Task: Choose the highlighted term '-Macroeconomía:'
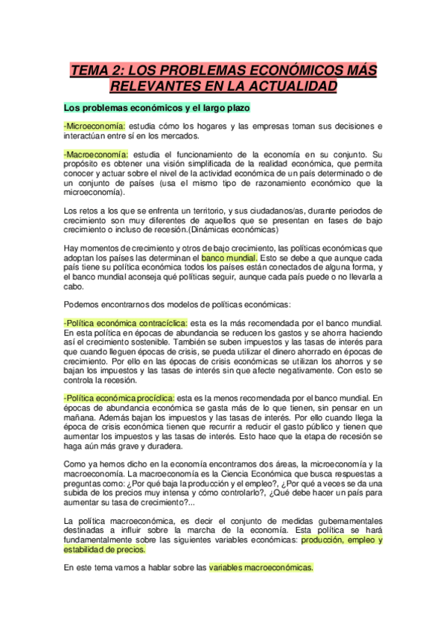tap(96, 154)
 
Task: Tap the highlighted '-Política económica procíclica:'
tap(120, 398)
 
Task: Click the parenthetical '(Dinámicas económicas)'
tap(232, 231)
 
